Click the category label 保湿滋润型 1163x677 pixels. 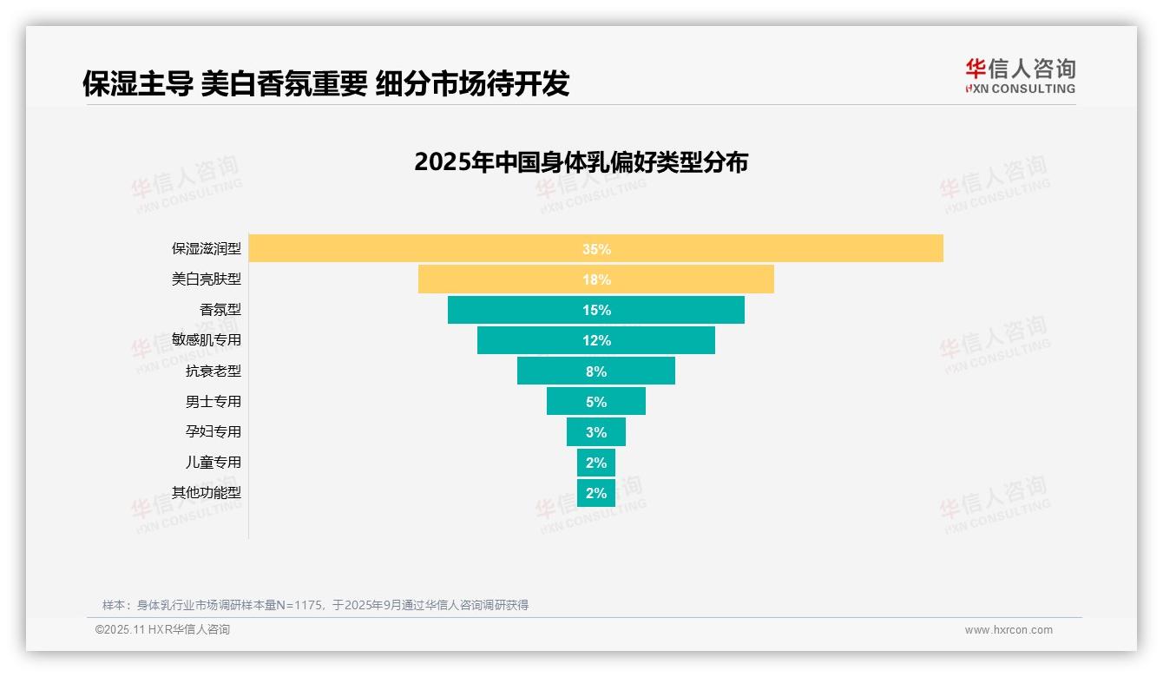[x=207, y=249]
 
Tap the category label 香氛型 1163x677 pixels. [x=220, y=310]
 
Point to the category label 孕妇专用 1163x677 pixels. [x=214, y=432]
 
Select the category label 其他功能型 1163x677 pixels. [x=207, y=493]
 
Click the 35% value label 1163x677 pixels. [x=596, y=249]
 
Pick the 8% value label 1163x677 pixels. [x=596, y=371]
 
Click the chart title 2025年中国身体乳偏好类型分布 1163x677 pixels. [x=581, y=162]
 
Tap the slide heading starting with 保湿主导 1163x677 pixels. [x=325, y=83]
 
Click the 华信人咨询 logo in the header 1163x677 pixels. [x=1020, y=76]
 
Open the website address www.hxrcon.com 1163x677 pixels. [x=1009, y=630]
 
